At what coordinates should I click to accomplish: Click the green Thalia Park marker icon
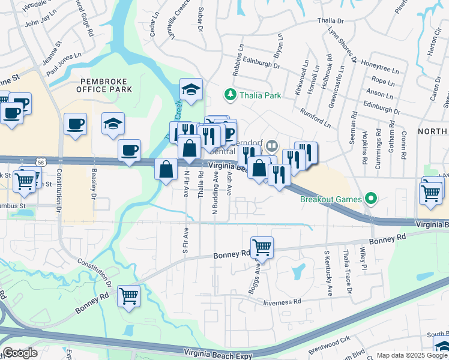pos(229,95)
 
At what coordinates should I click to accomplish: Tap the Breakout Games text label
pos(331,199)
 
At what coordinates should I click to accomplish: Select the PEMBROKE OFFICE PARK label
pos(104,85)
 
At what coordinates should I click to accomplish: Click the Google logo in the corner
pos(20,353)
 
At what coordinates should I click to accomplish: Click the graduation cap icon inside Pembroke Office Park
pos(113,124)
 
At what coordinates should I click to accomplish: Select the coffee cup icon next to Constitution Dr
pos(75,124)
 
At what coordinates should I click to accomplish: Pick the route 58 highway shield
pos(40,162)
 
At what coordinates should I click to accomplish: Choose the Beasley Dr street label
pos(94,183)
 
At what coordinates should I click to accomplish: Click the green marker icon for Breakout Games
pos(371,199)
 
